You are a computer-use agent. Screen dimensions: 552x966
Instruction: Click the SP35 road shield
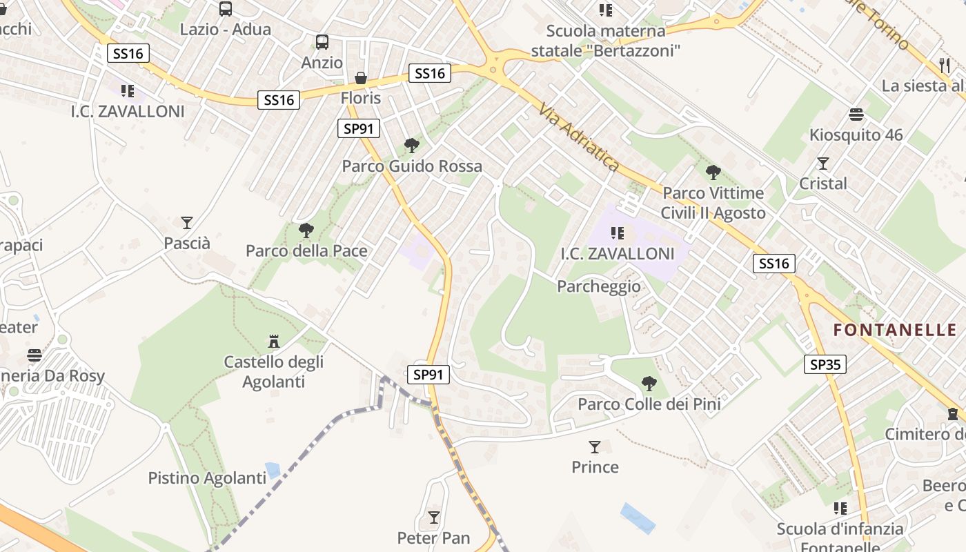click(825, 364)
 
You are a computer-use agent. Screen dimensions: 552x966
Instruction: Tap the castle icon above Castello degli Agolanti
click(274, 341)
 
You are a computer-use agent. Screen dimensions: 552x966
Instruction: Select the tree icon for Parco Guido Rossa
click(412, 145)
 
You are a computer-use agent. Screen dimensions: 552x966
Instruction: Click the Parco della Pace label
click(306, 250)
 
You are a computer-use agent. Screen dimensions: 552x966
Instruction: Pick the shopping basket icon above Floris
click(360, 77)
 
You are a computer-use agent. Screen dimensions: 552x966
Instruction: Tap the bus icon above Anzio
click(322, 42)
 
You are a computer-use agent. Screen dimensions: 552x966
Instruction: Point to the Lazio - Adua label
click(225, 30)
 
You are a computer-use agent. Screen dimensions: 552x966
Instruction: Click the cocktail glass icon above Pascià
click(187, 222)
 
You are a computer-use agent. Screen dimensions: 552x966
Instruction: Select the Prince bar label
click(595, 467)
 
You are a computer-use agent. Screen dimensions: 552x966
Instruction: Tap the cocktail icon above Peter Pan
click(434, 517)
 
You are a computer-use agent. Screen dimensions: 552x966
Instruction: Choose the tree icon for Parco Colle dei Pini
click(649, 383)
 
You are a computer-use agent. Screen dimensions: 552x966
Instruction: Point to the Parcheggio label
click(598, 286)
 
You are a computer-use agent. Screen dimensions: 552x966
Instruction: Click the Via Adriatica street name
click(579, 138)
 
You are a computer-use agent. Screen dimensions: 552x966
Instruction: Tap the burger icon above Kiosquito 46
click(856, 114)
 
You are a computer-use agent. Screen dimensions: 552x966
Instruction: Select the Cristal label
click(822, 184)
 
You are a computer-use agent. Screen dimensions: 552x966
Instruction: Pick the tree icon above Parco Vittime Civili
click(713, 172)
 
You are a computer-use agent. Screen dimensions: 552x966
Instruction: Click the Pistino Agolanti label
click(207, 477)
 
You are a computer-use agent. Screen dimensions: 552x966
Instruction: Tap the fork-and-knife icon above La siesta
click(945, 66)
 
